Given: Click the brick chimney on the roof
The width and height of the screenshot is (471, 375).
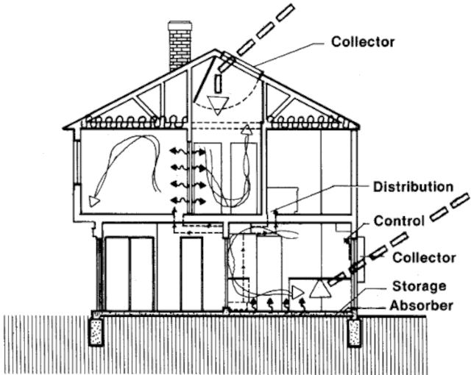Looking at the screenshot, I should coord(180,45).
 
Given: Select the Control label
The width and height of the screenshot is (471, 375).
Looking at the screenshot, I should coord(398,221).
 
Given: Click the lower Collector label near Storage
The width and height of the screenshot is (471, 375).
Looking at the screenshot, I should coord(419,257).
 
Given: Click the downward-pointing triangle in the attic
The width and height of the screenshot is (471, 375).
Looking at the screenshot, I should coord(217,104).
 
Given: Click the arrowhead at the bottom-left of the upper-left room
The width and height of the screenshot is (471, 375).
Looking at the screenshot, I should coord(93,199).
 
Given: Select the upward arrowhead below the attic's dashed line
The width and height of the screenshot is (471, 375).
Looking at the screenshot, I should coord(246,130).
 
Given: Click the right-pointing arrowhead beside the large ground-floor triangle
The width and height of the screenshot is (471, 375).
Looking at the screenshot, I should coord(297,293).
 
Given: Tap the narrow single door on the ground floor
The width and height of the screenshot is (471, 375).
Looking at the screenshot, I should coord(191,273).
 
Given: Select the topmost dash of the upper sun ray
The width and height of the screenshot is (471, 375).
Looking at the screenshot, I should coord(286,12).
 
